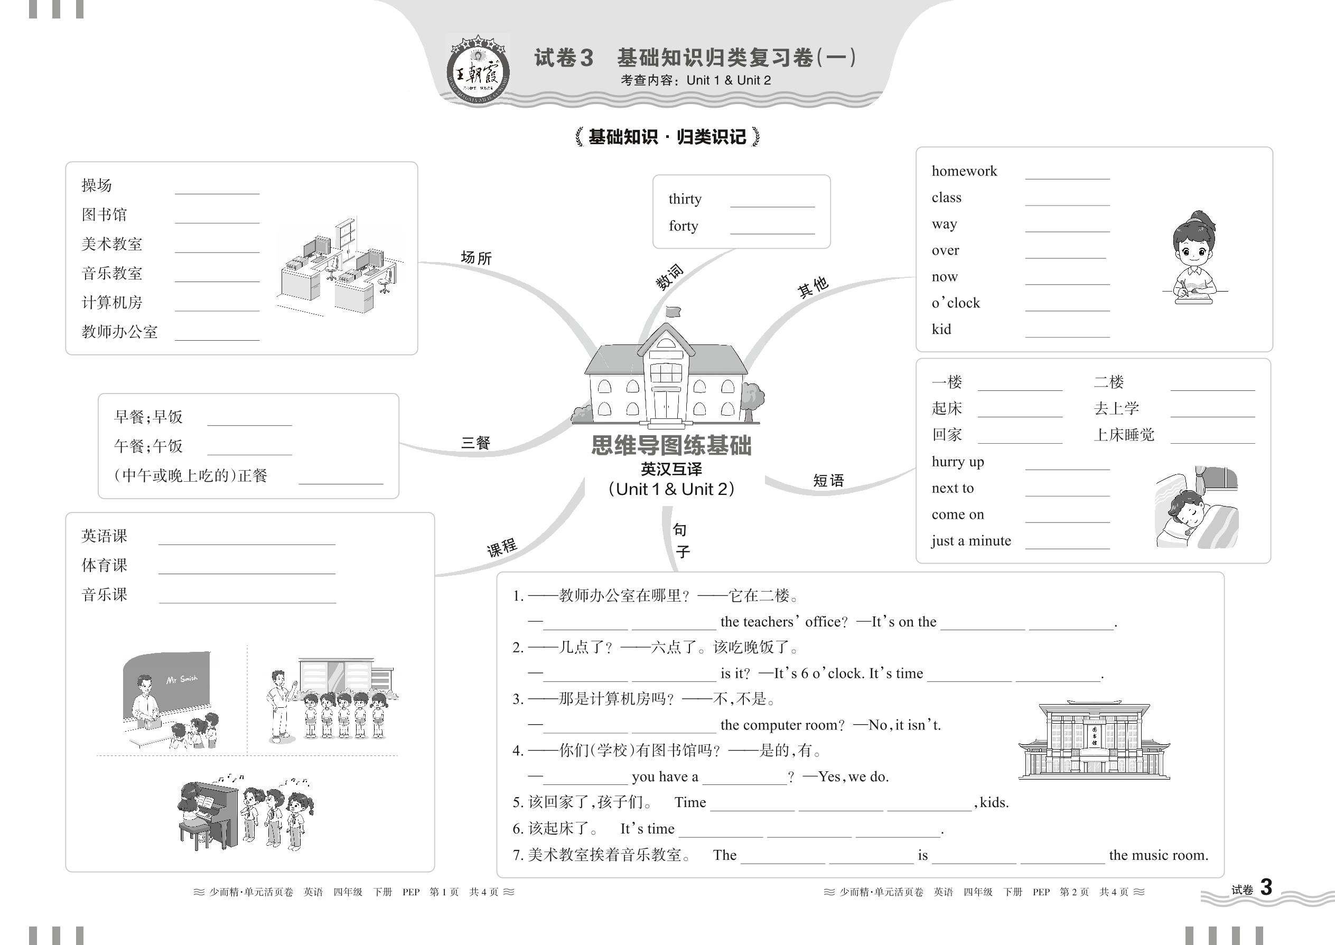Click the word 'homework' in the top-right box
pyautogui.click(x=964, y=171)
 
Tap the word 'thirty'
pyautogui.click(x=685, y=199)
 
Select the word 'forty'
pyautogui.click(x=683, y=226)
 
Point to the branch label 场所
pyautogui.click(x=476, y=258)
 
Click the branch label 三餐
pyautogui.click(x=475, y=443)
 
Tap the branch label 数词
pyautogui.click(x=669, y=277)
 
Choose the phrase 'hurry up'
pyautogui.click(x=957, y=462)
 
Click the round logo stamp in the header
pyautogui.click(x=478, y=70)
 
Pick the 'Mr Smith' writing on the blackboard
pyautogui.click(x=182, y=680)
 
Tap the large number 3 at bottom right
pyautogui.click(x=1266, y=887)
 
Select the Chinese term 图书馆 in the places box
pyautogui.click(x=104, y=214)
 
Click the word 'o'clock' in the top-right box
pyautogui.click(x=956, y=303)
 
